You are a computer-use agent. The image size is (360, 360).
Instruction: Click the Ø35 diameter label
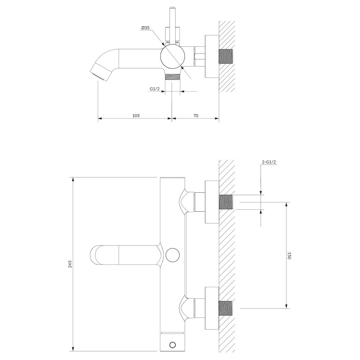point(145,28)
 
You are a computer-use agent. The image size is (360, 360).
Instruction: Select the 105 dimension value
point(136,116)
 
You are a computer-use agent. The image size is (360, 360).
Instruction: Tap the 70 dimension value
point(195,116)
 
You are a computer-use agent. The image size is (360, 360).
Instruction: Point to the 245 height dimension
point(70,264)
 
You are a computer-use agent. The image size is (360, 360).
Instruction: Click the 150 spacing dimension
point(289,256)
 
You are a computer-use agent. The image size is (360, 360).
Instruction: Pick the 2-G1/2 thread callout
point(269,162)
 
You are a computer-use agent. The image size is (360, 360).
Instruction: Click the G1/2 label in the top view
point(154,89)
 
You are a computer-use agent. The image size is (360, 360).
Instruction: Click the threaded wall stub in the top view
point(226,57)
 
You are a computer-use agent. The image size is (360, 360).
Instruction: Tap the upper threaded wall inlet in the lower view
point(226,202)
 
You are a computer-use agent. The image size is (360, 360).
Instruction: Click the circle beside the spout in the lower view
point(172,255)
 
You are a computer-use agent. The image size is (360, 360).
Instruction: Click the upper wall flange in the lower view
point(212,202)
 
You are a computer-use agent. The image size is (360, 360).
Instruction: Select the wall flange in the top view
point(212,57)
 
